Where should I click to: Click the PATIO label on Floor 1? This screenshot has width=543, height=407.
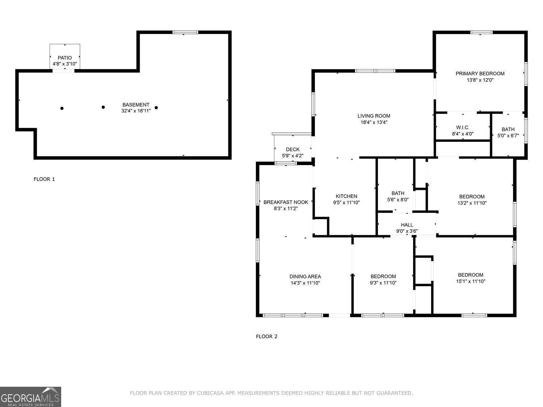click(65, 58)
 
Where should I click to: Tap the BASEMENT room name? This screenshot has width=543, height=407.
click(136, 105)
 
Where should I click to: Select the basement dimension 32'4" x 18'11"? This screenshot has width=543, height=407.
click(136, 111)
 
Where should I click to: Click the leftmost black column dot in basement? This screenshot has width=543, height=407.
click(62, 108)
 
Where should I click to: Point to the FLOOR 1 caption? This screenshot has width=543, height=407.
click(44, 179)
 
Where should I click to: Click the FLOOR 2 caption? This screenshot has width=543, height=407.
click(266, 336)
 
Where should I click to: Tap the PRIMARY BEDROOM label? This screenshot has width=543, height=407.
click(480, 74)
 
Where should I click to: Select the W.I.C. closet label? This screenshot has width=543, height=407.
click(463, 127)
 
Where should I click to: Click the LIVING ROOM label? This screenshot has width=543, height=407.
click(374, 116)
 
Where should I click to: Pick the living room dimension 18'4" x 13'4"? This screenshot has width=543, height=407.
click(374, 122)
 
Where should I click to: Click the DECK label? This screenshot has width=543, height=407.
click(292, 149)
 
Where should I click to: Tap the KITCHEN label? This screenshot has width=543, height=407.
click(346, 196)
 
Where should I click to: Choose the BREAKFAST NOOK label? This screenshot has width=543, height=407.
click(286, 202)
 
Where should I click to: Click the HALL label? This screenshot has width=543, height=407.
click(407, 225)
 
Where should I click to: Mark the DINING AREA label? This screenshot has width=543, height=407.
click(305, 277)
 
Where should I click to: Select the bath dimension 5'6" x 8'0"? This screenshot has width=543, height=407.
click(398, 199)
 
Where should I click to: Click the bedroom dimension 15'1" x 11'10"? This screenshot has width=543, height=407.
click(471, 281)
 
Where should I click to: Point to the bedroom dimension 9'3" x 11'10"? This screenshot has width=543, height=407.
click(383, 283)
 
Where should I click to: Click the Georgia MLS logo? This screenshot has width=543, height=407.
click(30, 397)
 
